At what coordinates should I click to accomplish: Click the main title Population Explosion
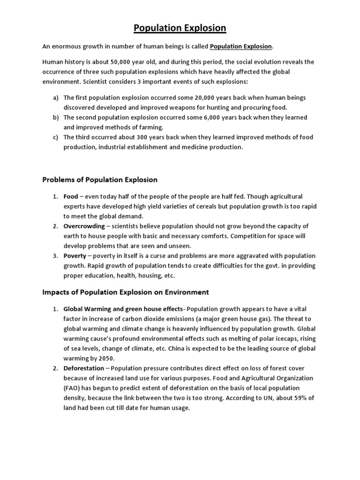click(180, 28)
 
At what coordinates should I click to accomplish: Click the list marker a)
click(56, 97)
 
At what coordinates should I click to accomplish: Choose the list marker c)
click(56, 137)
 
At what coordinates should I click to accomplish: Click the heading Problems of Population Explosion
click(100, 180)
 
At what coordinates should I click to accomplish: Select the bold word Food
click(71, 196)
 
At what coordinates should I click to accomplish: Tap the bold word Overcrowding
click(84, 226)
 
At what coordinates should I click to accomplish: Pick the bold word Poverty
click(75, 256)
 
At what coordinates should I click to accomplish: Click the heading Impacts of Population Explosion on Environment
click(125, 292)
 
